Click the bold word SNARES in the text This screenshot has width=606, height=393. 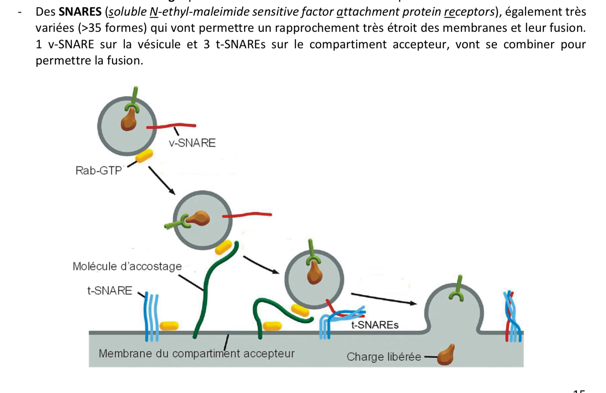point(80,12)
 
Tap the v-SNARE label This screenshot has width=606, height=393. point(192,143)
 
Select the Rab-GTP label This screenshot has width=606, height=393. point(98,171)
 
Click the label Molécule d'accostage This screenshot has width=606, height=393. point(127,266)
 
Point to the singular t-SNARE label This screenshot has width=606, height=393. point(110,291)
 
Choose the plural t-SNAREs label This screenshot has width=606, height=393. point(375,325)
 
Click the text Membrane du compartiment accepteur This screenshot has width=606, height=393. point(196,353)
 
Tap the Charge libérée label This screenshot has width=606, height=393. point(383,357)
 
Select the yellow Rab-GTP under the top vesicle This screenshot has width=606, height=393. point(144,156)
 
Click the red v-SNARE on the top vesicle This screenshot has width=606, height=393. point(171,126)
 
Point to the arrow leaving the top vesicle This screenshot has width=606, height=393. point(162,180)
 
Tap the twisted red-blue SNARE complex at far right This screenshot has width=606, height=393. point(512,317)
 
